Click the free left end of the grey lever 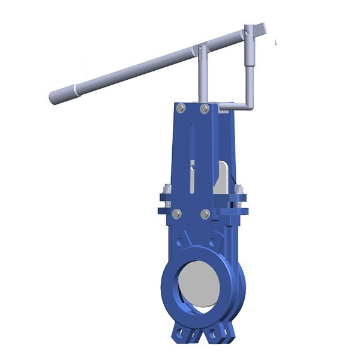53,97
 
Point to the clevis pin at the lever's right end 247,29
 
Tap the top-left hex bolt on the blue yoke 179,109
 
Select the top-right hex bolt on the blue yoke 205,109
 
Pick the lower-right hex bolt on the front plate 205,214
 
